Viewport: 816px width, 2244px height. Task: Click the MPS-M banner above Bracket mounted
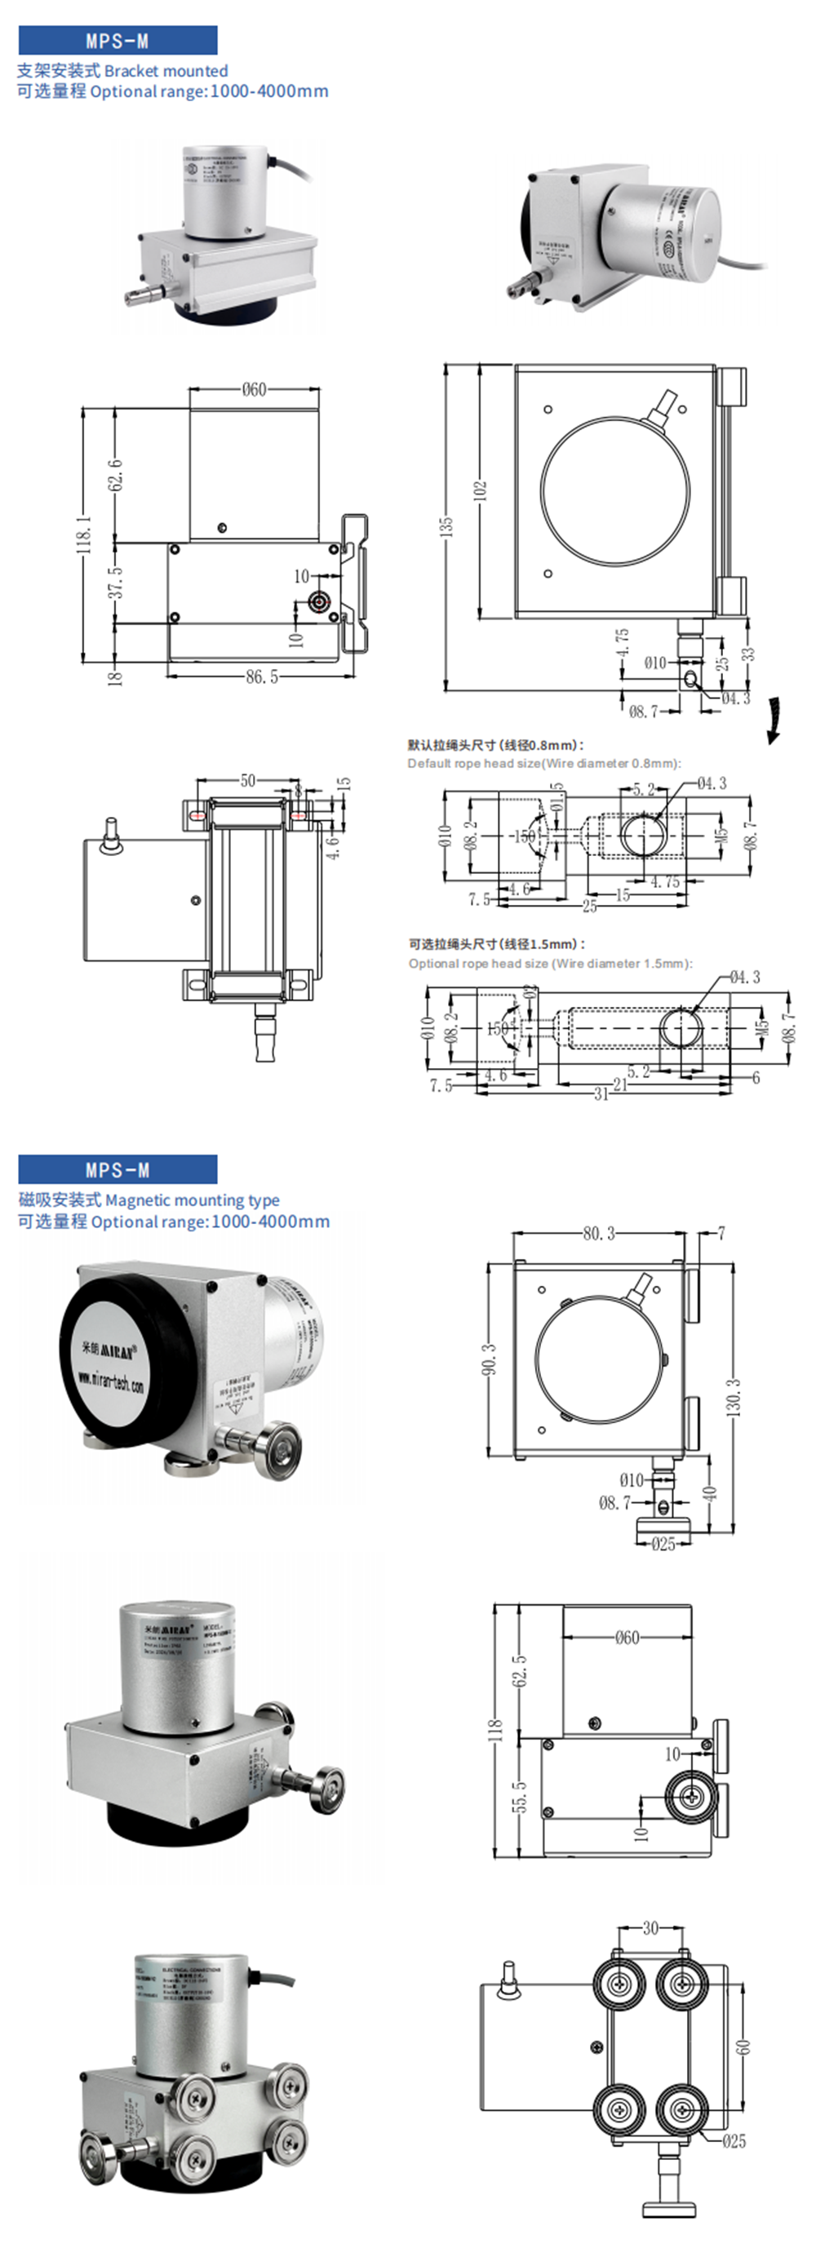click(118, 41)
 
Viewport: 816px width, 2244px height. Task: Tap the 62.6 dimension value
click(115, 476)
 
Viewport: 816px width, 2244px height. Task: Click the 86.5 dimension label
click(261, 676)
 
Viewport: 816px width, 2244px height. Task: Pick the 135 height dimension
click(446, 526)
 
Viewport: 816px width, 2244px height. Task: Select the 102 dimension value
click(480, 490)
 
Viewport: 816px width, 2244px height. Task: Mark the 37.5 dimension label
click(115, 582)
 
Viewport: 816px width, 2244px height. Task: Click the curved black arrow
click(774, 721)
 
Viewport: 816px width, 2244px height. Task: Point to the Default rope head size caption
click(544, 763)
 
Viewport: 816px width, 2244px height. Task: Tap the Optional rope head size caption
click(550, 963)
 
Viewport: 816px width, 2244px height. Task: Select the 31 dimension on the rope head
click(601, 1093)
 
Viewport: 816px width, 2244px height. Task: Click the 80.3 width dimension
click(598, 1234)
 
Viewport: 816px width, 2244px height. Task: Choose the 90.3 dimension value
click(489, 1359)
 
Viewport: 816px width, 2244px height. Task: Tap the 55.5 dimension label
click(519, 1796)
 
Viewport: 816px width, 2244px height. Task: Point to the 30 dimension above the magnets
click(650, 1927)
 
